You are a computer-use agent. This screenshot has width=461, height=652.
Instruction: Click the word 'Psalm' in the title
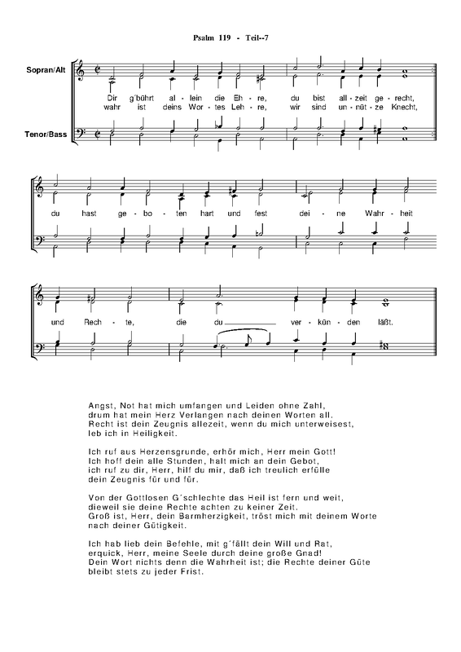tap(202, 38)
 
